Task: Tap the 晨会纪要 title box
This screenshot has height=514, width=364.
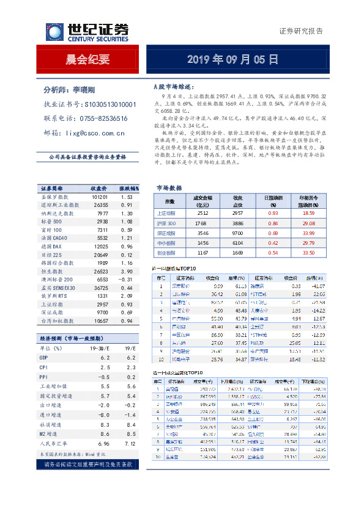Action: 87,60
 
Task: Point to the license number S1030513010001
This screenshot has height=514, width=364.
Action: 109,104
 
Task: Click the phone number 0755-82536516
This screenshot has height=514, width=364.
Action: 105,118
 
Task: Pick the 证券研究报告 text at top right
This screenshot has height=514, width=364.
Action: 300,31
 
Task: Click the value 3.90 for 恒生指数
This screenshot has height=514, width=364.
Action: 127,270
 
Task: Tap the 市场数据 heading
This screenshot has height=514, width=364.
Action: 169,188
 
